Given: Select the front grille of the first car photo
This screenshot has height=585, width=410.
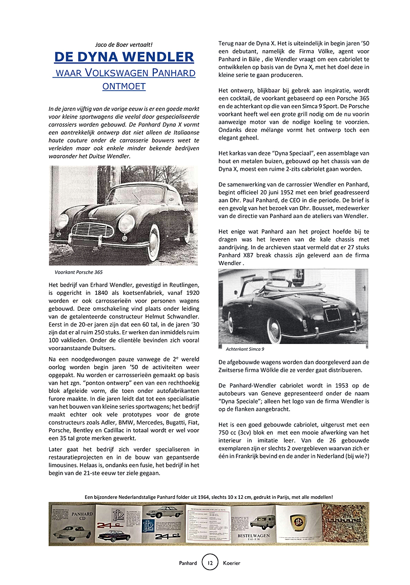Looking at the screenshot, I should [92, 230].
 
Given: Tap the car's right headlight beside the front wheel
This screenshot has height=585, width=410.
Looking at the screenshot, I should [126, 223].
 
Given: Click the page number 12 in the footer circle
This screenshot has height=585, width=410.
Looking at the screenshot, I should [210, 562].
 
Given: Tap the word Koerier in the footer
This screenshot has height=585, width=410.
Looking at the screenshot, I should [232, 563].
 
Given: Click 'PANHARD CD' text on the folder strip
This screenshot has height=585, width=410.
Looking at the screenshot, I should [82, 516].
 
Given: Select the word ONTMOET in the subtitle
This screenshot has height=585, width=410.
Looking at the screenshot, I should [124, 86].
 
